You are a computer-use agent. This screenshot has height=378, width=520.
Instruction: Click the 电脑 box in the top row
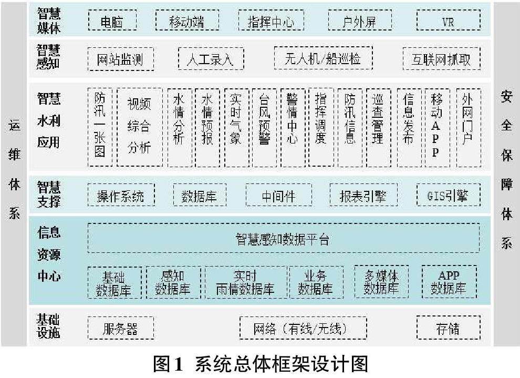111,21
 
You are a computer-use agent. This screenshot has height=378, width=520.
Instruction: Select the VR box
448,21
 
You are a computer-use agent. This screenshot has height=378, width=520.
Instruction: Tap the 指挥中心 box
271,21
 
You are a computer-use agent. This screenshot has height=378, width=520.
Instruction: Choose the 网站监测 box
120,59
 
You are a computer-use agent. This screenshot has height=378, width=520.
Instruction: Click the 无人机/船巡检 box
323,58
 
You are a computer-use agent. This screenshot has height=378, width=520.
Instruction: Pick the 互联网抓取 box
441,59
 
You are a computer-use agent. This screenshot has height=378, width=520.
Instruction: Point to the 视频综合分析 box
139,127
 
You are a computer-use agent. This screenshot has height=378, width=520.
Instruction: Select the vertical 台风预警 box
264,127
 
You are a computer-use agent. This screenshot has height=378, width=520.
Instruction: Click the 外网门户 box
467,127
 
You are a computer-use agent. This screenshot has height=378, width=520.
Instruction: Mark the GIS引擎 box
448,196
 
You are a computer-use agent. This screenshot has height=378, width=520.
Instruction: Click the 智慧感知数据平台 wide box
283,239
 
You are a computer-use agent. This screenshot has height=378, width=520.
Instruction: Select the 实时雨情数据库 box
245,282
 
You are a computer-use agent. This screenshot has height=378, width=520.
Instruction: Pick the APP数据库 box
449,282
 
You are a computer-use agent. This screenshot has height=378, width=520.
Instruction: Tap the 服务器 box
120,329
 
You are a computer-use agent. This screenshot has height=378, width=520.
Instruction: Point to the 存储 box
448,329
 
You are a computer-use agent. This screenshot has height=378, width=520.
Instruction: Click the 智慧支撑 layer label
49,194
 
